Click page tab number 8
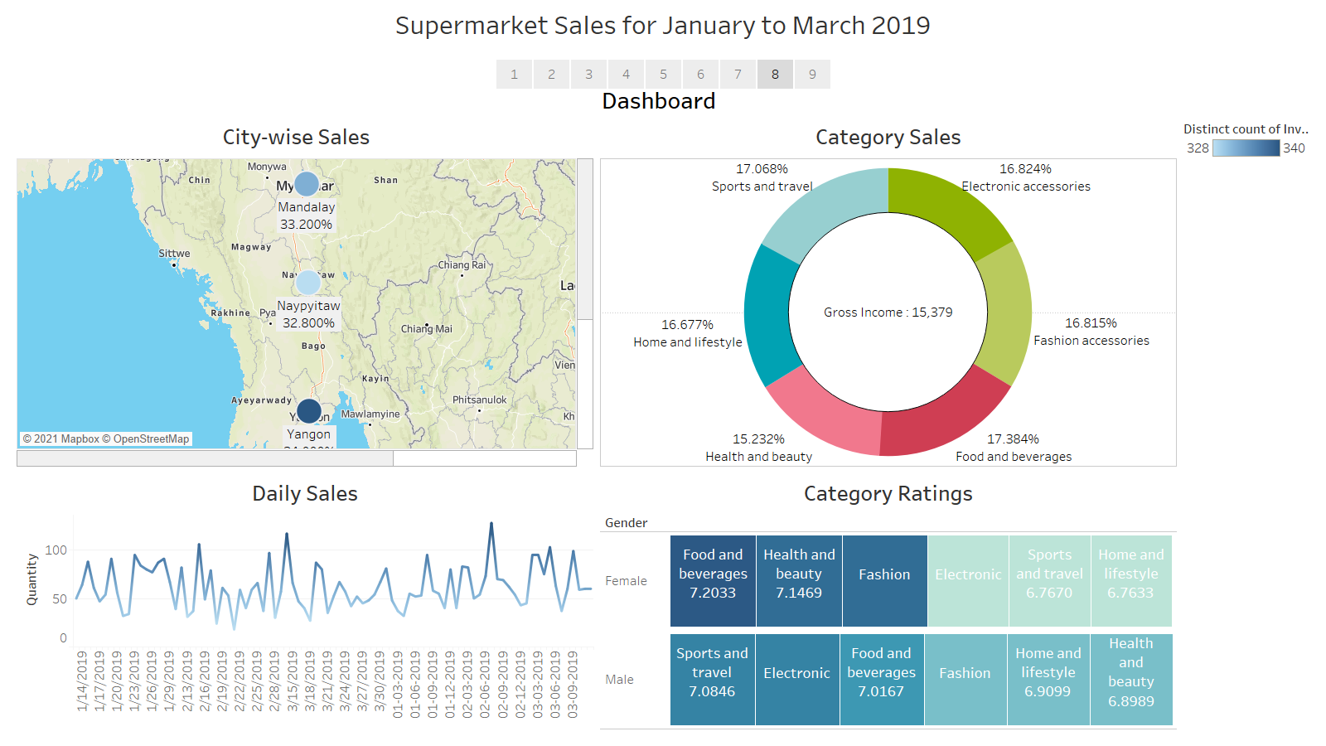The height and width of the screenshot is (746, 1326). [775, 74]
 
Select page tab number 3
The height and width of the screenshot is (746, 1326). [588, 74]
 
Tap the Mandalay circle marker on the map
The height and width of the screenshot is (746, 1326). [307, 184]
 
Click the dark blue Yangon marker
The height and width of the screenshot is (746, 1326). [308, 410]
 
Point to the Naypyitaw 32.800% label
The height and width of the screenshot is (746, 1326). [308, 314]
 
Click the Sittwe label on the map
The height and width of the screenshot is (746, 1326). [174, 254]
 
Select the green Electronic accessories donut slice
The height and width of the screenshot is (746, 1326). [945, 207]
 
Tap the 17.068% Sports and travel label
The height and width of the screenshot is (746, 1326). [762, 177]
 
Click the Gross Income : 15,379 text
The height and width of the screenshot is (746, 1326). [888, 312]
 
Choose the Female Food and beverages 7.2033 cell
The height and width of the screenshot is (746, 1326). [713, 580]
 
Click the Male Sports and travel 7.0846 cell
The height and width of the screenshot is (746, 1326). [712, 680]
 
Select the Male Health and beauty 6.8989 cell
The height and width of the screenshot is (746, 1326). [1131, 680]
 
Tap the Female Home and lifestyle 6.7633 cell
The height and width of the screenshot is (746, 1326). [1130, 580]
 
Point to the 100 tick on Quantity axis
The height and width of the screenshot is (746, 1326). [56, 550]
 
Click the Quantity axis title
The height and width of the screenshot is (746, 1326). [31, 579]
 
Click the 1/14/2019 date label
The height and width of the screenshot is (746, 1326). [81, 681]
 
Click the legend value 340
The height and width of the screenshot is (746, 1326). [1294, 148]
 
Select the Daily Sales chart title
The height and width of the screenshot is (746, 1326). [304, 494]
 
